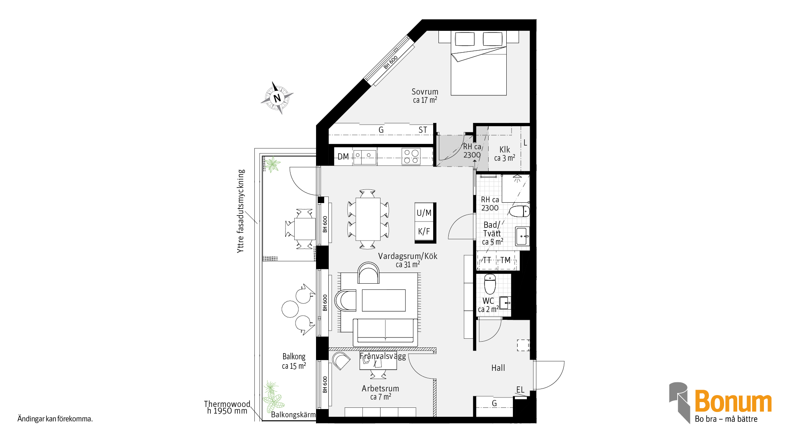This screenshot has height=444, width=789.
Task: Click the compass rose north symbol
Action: click(277, 98)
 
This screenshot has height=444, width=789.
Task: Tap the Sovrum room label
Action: click(425, 92)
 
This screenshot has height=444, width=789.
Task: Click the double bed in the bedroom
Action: click(479, 63)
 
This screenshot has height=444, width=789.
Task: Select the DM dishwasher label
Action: click(343, 157)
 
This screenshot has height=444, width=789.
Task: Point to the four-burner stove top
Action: click(411, 157)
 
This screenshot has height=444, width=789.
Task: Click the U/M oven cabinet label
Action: click(424, 213)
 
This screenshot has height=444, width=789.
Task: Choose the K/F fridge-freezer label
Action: click(424, 231)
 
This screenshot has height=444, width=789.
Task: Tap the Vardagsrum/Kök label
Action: click(408, 256)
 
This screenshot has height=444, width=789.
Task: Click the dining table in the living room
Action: click(368, 219)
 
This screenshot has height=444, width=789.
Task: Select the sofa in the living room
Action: click(385, 332)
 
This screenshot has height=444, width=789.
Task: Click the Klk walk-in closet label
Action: click(505, 150)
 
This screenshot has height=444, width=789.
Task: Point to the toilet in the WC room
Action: click(490, 284)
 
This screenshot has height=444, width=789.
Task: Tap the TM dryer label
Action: click(505, 260)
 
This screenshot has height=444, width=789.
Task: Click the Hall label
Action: click(498, 368)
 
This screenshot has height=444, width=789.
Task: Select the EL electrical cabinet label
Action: click(520, 390)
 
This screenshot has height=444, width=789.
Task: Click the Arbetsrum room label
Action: click(380, 388)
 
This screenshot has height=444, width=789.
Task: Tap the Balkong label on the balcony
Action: click(294, 356)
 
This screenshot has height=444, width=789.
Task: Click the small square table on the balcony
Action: click(305, 229)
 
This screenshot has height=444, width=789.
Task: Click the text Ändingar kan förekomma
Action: click(55, 419)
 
